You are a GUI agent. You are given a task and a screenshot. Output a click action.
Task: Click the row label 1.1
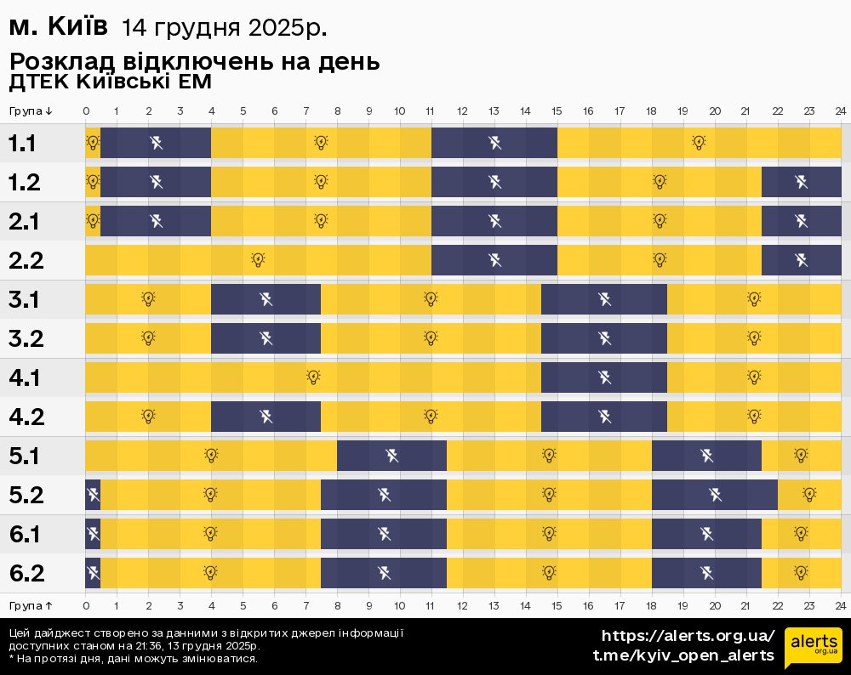coord(22,143)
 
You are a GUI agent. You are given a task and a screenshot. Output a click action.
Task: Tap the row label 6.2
coord(26,573)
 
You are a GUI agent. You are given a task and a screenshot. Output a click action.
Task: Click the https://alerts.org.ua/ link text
coord(688,636)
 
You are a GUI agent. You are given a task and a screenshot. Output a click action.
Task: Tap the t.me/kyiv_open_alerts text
coord(683,655)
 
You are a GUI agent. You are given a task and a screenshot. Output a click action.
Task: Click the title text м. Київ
coord(58,27)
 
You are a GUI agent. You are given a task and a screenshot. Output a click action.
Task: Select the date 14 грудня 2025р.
coord(224,28)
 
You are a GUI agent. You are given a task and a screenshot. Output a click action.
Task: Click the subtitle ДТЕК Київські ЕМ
coord(110,82)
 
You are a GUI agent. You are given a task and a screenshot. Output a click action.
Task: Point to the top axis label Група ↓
coord(31,111)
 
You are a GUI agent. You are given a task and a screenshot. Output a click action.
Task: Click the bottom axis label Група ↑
coord(31,605)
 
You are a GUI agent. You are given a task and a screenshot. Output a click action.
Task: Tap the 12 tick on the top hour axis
coord(462,111)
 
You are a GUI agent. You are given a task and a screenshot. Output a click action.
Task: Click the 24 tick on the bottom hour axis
coord(840,605)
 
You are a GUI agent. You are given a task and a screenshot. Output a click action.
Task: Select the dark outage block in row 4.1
coord(604,377)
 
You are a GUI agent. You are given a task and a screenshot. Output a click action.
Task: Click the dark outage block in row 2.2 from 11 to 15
coord(494,260)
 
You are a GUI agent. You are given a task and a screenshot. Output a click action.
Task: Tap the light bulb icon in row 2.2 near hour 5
coord(258,260)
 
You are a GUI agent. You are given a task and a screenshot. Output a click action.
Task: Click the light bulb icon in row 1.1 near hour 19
coord(699,143)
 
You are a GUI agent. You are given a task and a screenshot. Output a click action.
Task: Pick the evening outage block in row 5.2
coord(715,495)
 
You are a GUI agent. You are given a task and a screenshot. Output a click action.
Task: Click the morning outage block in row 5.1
coord(391,456)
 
